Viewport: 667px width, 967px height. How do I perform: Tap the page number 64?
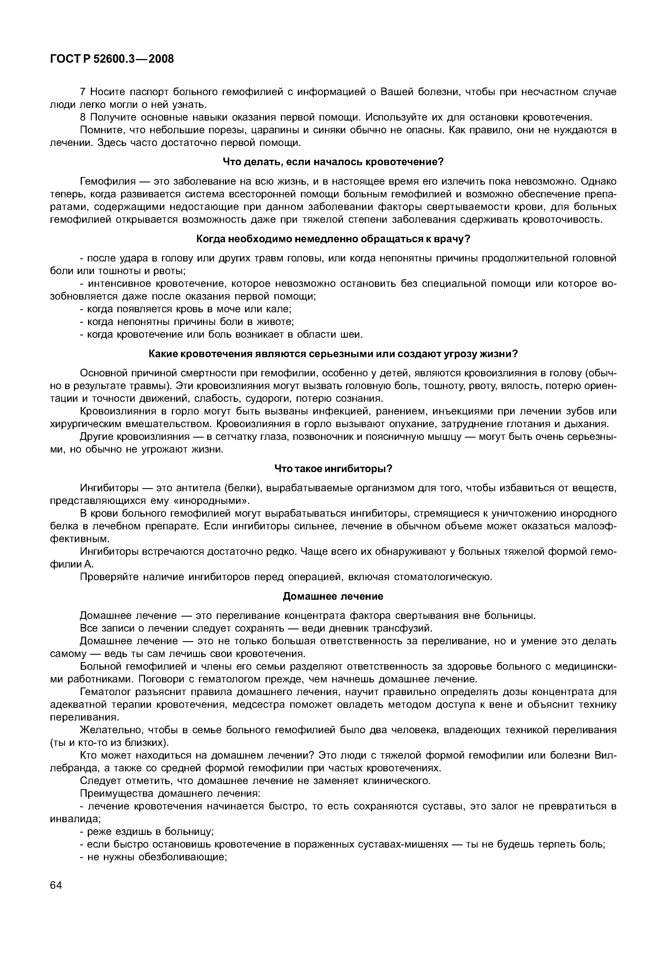(x=56, y=885)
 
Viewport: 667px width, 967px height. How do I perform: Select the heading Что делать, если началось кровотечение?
(x=333, y=162)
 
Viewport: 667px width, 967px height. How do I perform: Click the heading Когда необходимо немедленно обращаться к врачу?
(x=333, y=239)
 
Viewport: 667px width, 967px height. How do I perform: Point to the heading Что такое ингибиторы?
(x=333, y=469)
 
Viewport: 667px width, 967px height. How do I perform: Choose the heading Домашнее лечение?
(x=333, y=596)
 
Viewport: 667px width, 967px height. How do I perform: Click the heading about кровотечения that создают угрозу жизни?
(x=333, y=354)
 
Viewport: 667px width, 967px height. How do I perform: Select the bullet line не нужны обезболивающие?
(x=153, y=857)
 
